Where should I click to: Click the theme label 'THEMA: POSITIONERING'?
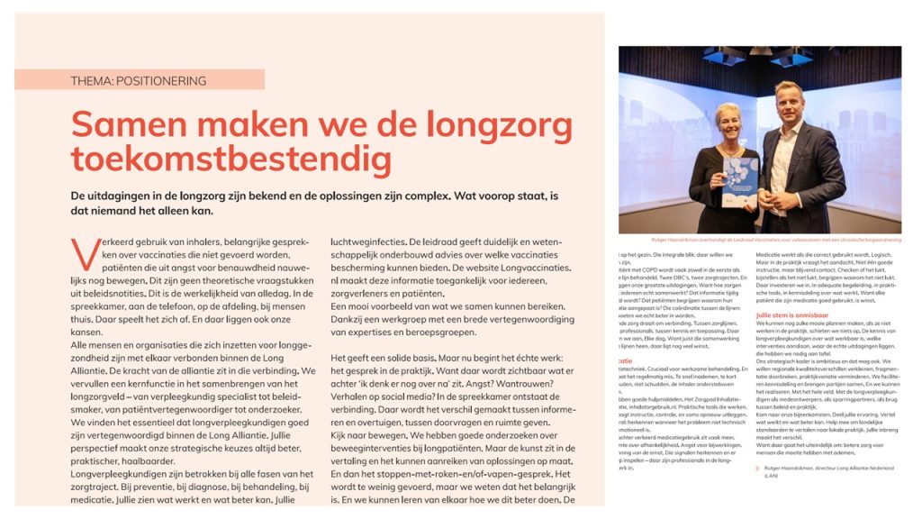click(139, 80)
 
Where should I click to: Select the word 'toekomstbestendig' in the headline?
click(231, 159)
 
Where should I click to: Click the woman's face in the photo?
click(728, 118)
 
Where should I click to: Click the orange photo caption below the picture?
click(759, 240)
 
